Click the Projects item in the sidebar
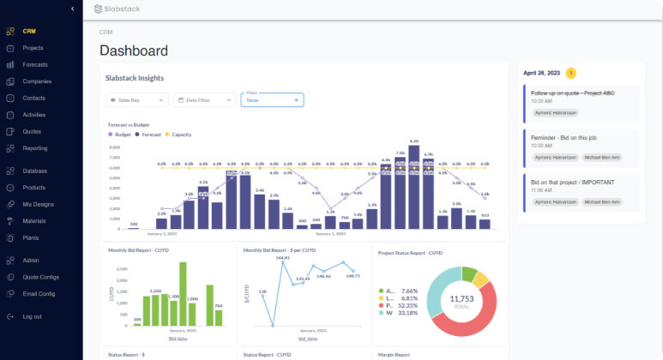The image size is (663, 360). click(33, 48)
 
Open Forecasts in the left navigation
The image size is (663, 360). click(35, 65)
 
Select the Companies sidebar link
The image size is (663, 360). click(37, 81)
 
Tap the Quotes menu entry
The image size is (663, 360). click(32, 131)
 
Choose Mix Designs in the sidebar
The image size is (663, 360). click(38, 204)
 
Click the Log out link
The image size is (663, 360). click(33, 316)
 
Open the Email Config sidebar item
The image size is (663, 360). click(39, 293)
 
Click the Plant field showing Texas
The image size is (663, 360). click(271, 100)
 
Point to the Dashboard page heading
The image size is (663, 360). click(134, 51)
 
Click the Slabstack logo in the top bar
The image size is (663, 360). click(117, 9)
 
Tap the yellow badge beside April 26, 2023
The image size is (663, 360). click(571, 73)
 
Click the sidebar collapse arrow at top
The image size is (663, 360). click(73, 9)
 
